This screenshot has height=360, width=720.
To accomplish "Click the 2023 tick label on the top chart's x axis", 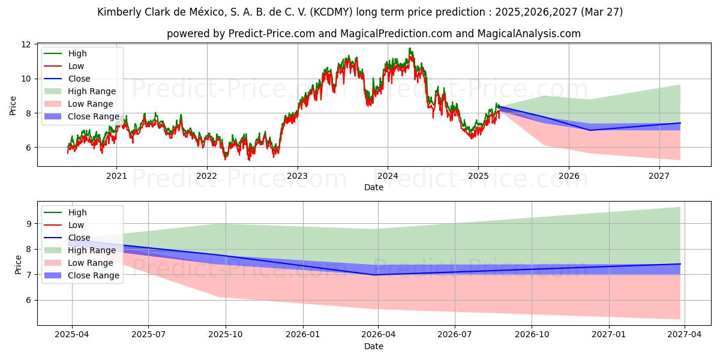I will point(297,176).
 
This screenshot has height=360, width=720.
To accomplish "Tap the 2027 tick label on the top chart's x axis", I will point(659,176).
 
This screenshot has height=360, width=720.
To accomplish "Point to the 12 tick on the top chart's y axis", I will point(26,44).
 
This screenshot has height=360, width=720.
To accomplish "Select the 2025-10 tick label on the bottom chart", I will point(226,335).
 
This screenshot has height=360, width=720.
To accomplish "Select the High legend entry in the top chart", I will point(77,53).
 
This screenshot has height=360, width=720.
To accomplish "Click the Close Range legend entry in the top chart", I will point(93,116).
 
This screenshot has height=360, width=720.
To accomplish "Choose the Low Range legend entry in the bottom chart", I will point(91,263).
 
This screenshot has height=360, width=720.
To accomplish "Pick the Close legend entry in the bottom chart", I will point(79,238).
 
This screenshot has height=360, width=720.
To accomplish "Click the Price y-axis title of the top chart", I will point(13,106).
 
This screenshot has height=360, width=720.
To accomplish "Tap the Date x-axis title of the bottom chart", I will point(373,346).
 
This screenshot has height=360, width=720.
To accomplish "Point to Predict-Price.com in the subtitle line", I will point(272,34).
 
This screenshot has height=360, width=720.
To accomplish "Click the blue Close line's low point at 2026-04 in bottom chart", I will point(376,274).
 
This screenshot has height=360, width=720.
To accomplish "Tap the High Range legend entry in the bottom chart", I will point(92,250).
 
